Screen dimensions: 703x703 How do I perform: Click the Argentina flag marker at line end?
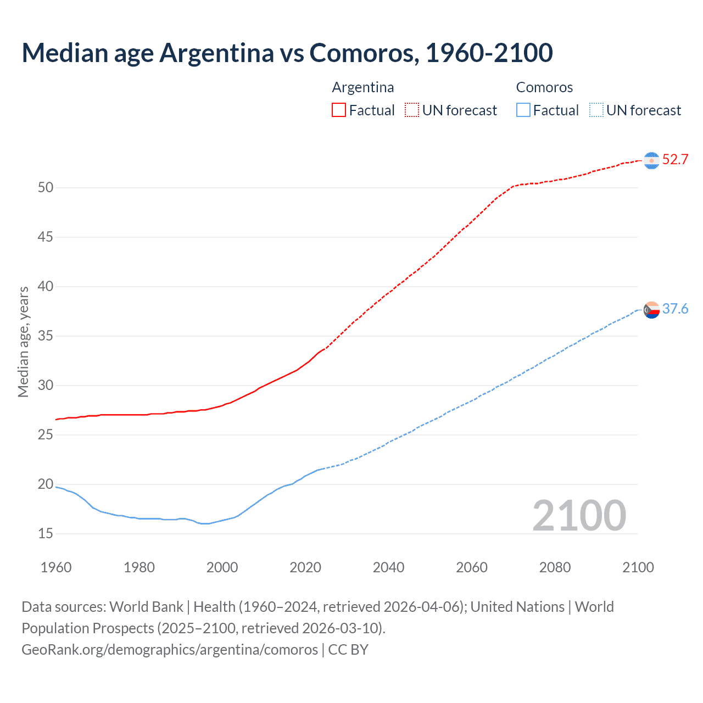pos(651,160)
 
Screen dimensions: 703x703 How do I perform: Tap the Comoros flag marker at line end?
pos(651,310)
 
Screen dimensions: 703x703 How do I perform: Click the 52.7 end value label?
pos(675,160)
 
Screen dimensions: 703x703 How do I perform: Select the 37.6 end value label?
pos(675,309)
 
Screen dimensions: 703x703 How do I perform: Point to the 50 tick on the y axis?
pos(46,188)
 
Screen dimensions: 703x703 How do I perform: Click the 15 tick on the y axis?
pos(46,534)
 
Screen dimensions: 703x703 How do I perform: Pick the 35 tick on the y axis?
pos(46,336)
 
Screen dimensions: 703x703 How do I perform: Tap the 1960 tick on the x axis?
pos(56,567)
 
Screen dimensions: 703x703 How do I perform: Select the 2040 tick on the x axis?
pos(388,567)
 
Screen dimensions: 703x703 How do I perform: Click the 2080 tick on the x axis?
pos(555,567)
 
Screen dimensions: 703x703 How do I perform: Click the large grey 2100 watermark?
pos(579,516)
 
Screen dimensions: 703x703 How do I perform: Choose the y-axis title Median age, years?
pos(23,342)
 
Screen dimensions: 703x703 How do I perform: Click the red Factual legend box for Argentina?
pos(339,110)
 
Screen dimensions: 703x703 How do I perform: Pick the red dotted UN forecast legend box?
pos(412,110)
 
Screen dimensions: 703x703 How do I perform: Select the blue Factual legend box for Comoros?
pos(523,110)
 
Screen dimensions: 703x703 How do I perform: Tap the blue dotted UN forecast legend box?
pos(596,110)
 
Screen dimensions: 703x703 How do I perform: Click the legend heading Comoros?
pos(544,87)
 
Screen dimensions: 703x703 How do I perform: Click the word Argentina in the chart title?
pos(217,53)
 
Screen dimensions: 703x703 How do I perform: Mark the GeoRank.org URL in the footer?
pos(170,650)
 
